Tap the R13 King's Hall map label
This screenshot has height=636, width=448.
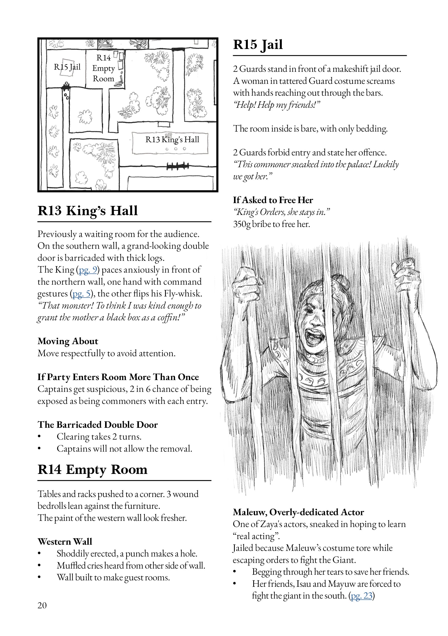pos(172,139)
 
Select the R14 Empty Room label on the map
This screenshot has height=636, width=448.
pos(104,68)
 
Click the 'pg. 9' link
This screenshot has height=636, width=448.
pos(88,270)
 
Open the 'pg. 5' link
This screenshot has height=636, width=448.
pos(82,293)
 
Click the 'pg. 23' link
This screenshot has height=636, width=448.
pos(361,595)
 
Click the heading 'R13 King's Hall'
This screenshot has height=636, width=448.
pos(87,211)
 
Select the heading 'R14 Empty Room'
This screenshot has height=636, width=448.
pos(93,469)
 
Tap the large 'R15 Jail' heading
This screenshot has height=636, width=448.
pos(258,45)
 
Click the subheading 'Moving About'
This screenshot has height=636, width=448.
pos(68,341)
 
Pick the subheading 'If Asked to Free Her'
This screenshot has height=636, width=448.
pos(273,200)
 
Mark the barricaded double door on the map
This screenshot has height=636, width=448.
pos(178,166)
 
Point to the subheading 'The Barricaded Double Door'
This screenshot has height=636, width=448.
pos(97,424)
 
